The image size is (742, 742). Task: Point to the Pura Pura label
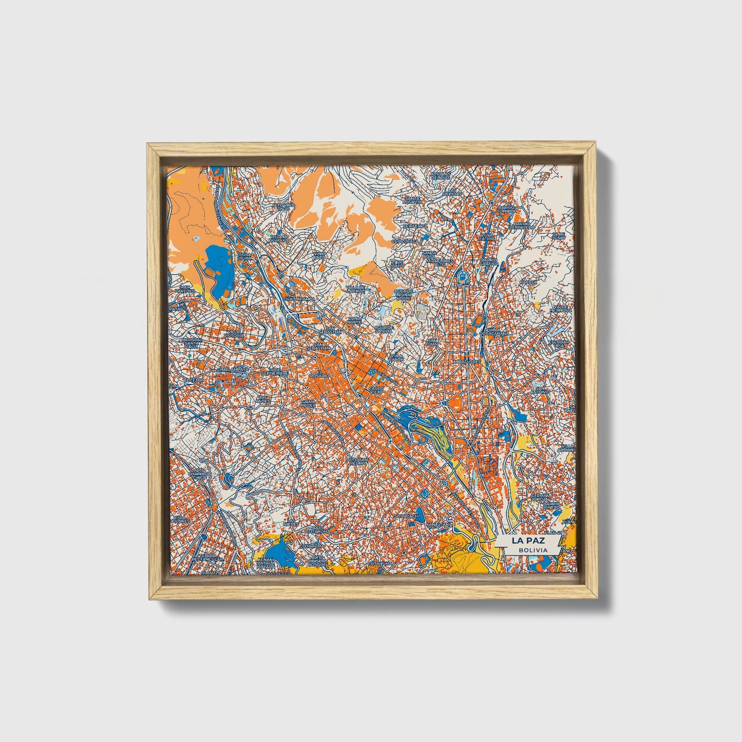pyautogui.click(x=245, y=256)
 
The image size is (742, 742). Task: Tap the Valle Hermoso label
pyautogui.click(x=560, y=308)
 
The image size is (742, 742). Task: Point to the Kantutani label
pyautogui.click(x=440, y=524)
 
